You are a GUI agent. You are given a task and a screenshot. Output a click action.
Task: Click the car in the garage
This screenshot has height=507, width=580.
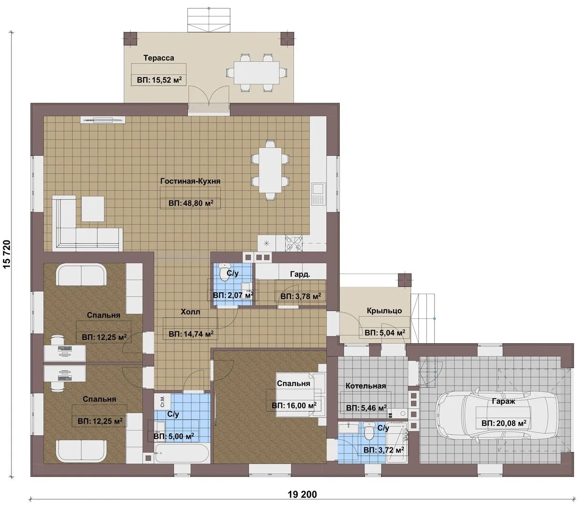pyautogui.click(x=498, y=415)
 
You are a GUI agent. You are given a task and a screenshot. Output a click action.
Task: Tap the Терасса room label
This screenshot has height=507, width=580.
pyautogui.click(x=158, y=58)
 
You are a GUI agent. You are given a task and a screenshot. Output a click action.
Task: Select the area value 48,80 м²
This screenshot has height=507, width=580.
pyautogui.click(x=191, y=203)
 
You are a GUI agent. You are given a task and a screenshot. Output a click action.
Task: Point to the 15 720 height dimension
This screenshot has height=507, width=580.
pyautogui.click(x=7, y=254)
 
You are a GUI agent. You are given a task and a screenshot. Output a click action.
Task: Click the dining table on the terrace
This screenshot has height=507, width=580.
pyautogui.click(x=256, y=72)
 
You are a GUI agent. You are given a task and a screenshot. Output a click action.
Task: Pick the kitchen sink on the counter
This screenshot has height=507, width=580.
pyautogui.click(x=318, y=194)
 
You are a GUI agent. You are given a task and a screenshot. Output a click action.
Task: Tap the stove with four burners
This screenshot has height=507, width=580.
pyautogui.click(x=294, y=243)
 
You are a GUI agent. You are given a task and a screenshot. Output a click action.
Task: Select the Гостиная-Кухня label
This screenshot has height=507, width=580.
pyautogui.click(x=190, y=181)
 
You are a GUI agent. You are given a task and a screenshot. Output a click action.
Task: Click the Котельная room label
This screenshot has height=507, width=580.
pyautogui.click(x=366, y=386)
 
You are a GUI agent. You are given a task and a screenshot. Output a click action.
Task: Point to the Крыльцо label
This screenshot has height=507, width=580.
pyautogui.click(x=384, y=311)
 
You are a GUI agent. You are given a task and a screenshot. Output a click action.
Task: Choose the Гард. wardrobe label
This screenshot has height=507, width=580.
pyautogui.click(x=300, y=274)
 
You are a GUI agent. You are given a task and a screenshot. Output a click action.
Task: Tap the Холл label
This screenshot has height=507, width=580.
pyautogui.click(x=190, y=312)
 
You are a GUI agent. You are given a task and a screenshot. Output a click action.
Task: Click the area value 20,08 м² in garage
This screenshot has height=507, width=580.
pyautogui.click(x=504, y=423)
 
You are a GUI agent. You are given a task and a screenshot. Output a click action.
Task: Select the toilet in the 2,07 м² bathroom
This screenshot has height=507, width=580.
pyautogui.click(x=225, y=272)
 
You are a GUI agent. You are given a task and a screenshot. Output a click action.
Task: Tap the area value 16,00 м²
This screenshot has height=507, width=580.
pyautogui.click(x=294, y=406)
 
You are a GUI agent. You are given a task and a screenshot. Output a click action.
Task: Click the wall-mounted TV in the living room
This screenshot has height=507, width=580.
pyautogui.click(x=103, y=120)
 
